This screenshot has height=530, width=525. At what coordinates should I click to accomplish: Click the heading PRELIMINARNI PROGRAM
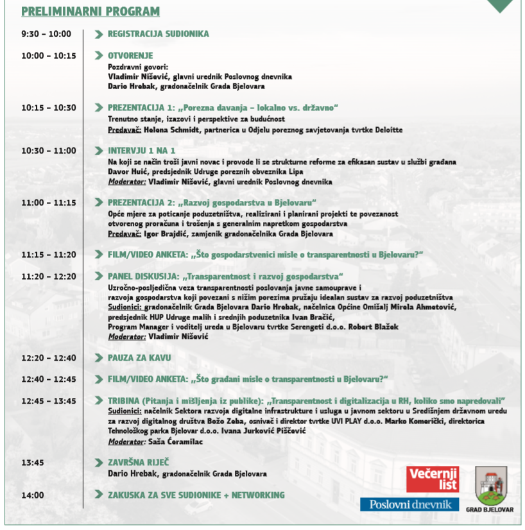click(90, 12)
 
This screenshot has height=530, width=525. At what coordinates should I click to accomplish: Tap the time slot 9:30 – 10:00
click(46, 34)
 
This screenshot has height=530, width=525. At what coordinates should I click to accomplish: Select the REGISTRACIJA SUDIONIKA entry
click(158, 34)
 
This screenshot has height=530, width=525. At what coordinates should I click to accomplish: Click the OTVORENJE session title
click(130, 56)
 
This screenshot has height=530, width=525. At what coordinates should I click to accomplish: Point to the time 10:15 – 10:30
click(49, 108)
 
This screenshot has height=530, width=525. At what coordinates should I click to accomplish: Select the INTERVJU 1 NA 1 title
click(141, 151)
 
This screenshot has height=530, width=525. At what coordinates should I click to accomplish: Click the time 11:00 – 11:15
click(49, 202)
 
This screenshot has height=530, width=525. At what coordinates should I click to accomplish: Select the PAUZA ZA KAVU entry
click(139, 358)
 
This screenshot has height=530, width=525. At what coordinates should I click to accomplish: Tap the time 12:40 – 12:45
click(49, 379)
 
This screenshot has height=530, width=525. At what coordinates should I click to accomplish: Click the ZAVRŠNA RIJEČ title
click(138, 463)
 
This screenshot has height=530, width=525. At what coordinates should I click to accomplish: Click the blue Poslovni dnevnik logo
click(409, 504)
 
